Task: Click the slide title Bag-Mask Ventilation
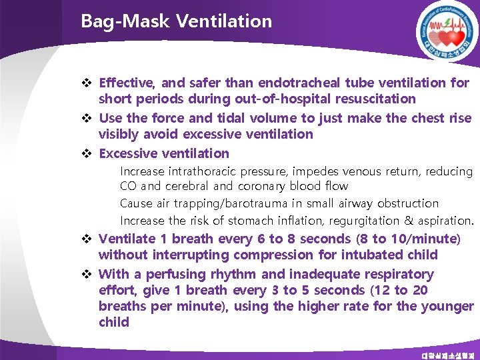click(x=176, y=21)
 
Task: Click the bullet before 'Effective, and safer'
click(x=86, y=83)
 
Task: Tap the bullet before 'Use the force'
click(x=86, y=118)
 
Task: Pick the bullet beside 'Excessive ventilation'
click(x=86, y=153)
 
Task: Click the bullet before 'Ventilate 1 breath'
click(x=86, y=239)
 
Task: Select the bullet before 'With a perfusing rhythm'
click(x=86, y=274)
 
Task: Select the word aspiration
click(x=443, y=221)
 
